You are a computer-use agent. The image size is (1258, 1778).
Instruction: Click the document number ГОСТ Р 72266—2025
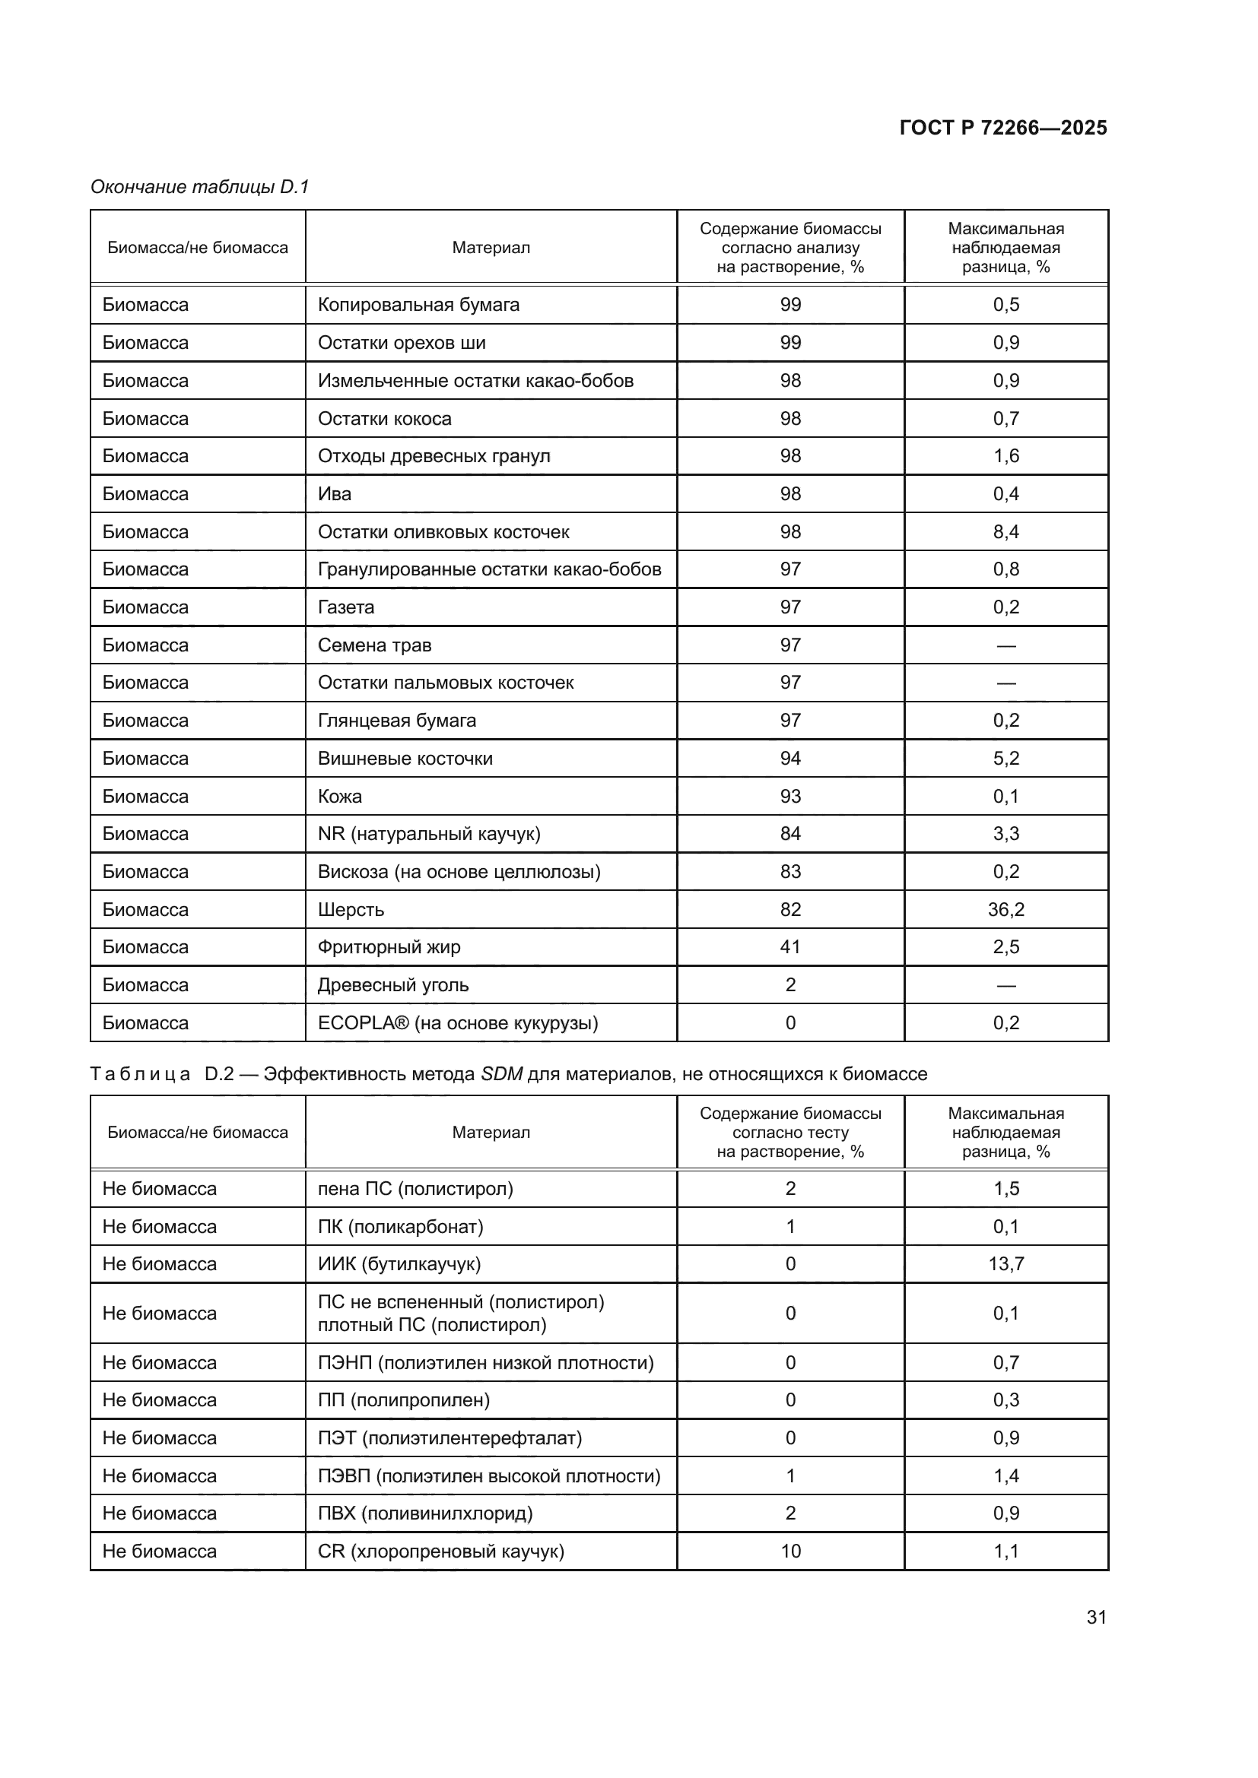point(1002,128)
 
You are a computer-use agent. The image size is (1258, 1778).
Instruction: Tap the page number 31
point(1096,1617)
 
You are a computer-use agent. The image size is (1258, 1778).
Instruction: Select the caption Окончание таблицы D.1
point(200,187)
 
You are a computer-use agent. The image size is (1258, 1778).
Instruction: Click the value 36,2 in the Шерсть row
point(1005,909)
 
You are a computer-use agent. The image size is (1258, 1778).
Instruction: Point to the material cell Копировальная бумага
point(418,304)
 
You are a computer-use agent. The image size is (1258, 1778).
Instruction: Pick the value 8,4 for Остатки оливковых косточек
point(1005,532)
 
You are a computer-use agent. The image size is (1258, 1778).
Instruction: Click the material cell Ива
point(335,494)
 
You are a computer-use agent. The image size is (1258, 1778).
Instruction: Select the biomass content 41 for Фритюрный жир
point(790,947)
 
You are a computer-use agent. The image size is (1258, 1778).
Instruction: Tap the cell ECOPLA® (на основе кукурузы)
point(458,1023)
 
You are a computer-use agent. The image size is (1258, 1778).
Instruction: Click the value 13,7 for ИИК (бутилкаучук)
point(1005,1264)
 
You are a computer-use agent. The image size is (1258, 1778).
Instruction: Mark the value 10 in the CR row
point(790,1551)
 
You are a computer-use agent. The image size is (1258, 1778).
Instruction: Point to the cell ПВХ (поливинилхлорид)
point(425,1513)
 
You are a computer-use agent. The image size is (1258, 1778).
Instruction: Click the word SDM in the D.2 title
point(501,1074)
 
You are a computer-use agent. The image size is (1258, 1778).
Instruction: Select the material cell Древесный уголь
point(393,985)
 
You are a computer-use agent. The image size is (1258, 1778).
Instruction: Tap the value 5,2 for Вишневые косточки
point(1005,758)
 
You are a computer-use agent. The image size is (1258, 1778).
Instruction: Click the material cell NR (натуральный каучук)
point(429,834)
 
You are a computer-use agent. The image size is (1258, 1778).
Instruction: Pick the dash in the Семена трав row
point(1005,645)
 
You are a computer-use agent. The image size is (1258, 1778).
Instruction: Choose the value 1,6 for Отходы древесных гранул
point(1005,456)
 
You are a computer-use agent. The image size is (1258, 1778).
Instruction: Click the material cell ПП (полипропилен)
point(404,1400)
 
